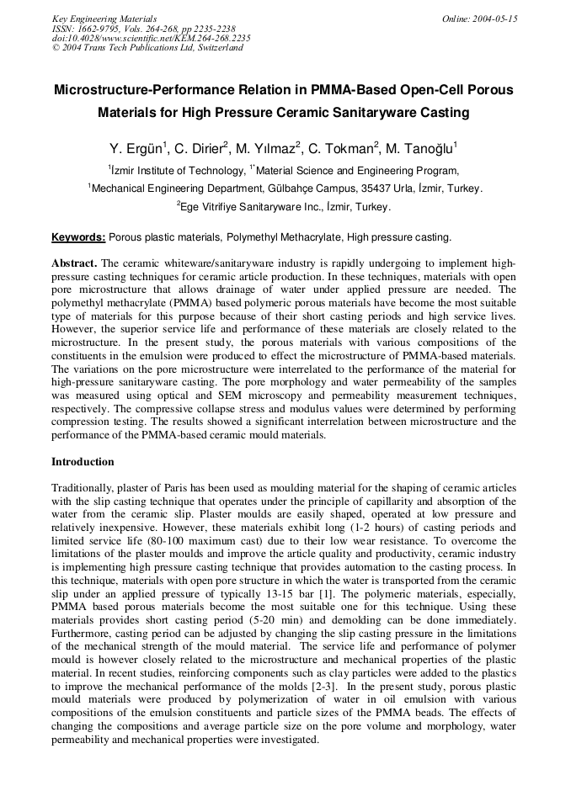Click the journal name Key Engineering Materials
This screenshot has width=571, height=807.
click(104, 19)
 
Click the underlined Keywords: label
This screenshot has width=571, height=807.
click(78, 237)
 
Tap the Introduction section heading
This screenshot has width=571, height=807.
click(83, 462)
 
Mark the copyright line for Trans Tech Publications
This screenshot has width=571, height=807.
click(147, 48)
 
